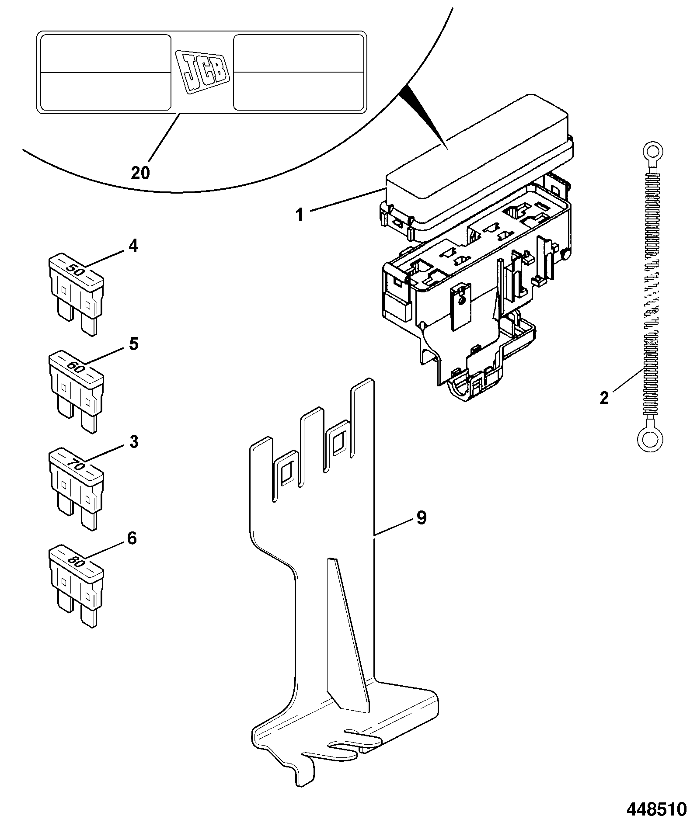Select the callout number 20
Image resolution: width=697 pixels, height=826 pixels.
pyautogui.click(x=140, y=173)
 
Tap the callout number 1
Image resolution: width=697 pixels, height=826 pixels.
pyautogui.click(x=300, y=215)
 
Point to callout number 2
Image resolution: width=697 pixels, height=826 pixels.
pyautogui.click(x=604, y=398)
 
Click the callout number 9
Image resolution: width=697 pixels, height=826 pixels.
pyautogui.click(x=421, y=518)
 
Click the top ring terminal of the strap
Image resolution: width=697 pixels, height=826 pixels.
pyautogui.click(x=653, y=153)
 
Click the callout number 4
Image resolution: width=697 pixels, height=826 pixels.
pyautogui.click(x=133, y=246)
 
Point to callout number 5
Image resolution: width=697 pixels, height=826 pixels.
pyautogui.click(x=133, y=344)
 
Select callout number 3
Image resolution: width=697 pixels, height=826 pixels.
pyautogui.click(x=133, y=441)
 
